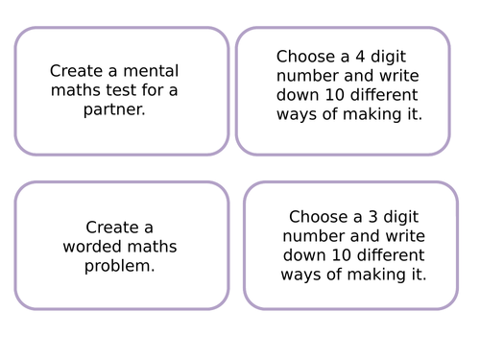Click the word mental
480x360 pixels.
click(152, 71)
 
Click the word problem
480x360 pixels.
click(120, 266)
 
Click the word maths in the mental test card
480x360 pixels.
click(71, 91)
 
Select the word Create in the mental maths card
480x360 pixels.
click(74, 71)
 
